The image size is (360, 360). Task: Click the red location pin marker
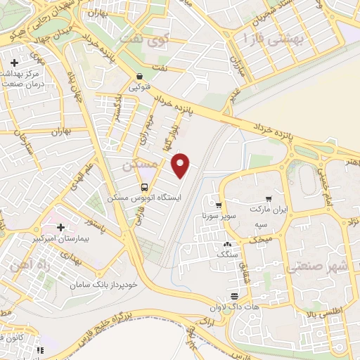pos(182,165)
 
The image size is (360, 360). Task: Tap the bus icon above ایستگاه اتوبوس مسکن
pos(144,188)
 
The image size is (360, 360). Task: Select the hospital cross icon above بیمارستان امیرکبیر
pos(60,228)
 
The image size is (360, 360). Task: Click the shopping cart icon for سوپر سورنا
pos(219,206)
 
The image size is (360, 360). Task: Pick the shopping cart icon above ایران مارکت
pos(269,199)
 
